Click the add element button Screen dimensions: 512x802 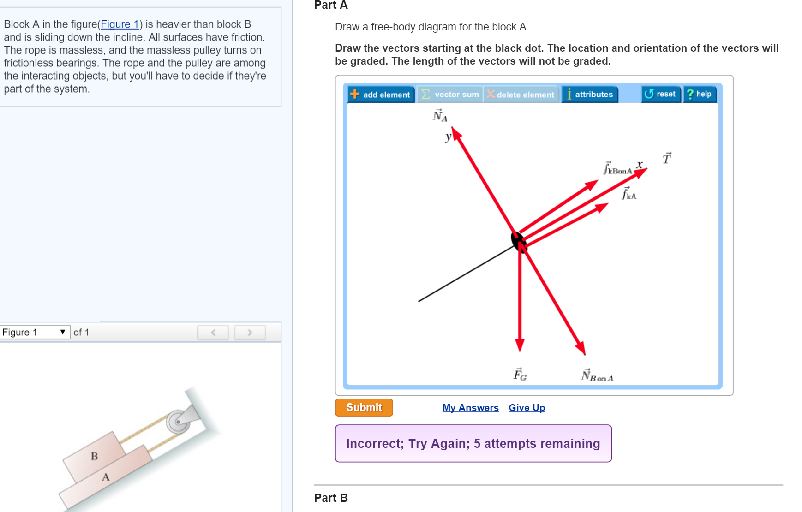[381, 95]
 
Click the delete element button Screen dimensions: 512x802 [521, 95]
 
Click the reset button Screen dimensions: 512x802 [660, 94]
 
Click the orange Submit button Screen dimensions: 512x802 [364, 407]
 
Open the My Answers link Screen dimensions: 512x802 [470, 408]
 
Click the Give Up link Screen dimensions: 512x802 [527, 408]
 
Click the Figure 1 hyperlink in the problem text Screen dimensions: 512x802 [120, 24]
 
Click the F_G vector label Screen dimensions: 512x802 [520, 375]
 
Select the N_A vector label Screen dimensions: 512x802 [440, 116]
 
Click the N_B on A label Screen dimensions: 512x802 [597, 376]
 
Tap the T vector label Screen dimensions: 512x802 [667, 159]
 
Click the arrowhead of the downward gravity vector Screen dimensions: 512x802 [520, 345]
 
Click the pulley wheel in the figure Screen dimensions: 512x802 [178, 422]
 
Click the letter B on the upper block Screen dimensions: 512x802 [94, 456]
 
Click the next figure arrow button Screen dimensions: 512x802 [250, 332]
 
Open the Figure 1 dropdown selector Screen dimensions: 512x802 [35, 332]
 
